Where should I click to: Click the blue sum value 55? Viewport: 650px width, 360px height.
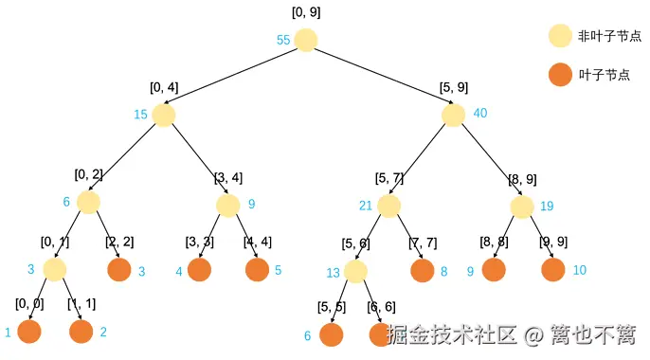coord(282,40)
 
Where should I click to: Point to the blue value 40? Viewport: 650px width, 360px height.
coord(480,114)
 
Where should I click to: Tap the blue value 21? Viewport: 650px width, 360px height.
coord(366,206)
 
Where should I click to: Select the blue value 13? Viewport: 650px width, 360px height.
coord(334,273)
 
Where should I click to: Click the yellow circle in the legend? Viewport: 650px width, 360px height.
coord(561,36)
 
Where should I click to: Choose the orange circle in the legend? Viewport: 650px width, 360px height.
coord(561,74)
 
